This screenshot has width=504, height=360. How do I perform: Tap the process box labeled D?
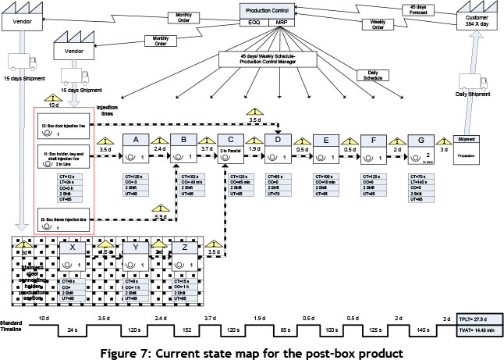(277, 140)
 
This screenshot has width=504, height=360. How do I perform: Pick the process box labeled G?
(422, 140)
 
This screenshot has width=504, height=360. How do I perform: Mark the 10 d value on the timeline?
(43, 320)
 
